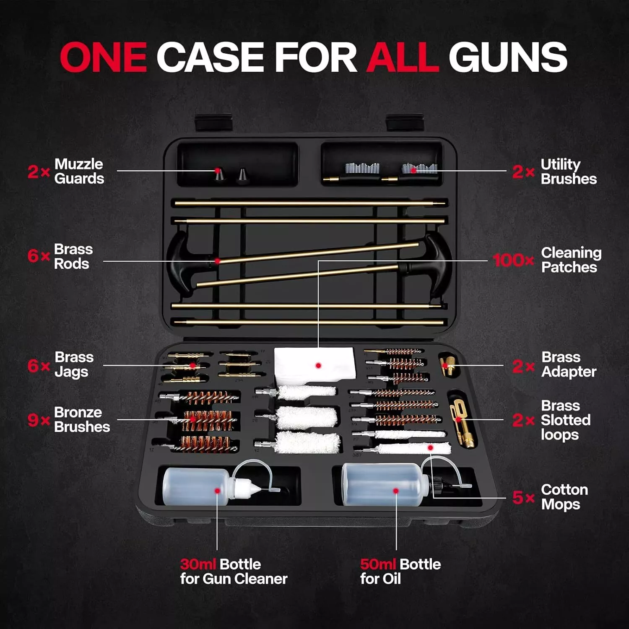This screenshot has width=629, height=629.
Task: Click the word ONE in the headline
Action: pyautogui.click(x=103, y=57)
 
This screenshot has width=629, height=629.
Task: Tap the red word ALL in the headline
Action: pyautogui.click(x=402, y=57)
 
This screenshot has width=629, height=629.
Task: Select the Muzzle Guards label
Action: pyautogui.click(x=79, y=171)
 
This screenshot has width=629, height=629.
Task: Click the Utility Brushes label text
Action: pyautogui.click(x=569, y=171)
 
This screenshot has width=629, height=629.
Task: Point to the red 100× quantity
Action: pyautogui.click(x=513, y=260)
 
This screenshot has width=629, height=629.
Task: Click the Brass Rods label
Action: pyautogui.click(x=73, y=256)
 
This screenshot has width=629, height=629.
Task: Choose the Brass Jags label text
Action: pyautogui.click(x=74, y=364)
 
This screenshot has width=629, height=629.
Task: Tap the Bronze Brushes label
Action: pyautogui.click(x=82, y=419)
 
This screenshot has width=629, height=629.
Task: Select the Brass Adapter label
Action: pyautogui.click(x=569, y=364)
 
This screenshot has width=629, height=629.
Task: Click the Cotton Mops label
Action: pyautogui.click(x=564, y=497)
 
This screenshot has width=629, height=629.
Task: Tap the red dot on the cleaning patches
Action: pyautogui.click(x=318, y=366)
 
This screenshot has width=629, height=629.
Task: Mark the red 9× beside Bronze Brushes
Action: pyautogui.click(x=39, y=420)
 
